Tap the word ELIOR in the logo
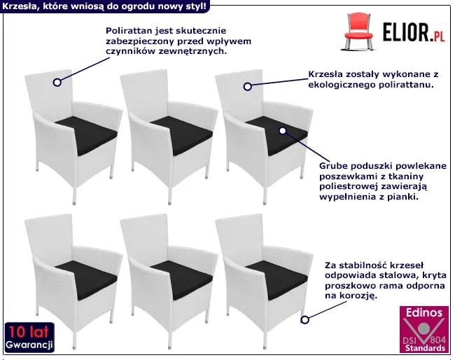(404, 33)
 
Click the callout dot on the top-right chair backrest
(247, 86)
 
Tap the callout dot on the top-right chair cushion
(283, 130)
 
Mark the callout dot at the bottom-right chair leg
(305, 320)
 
